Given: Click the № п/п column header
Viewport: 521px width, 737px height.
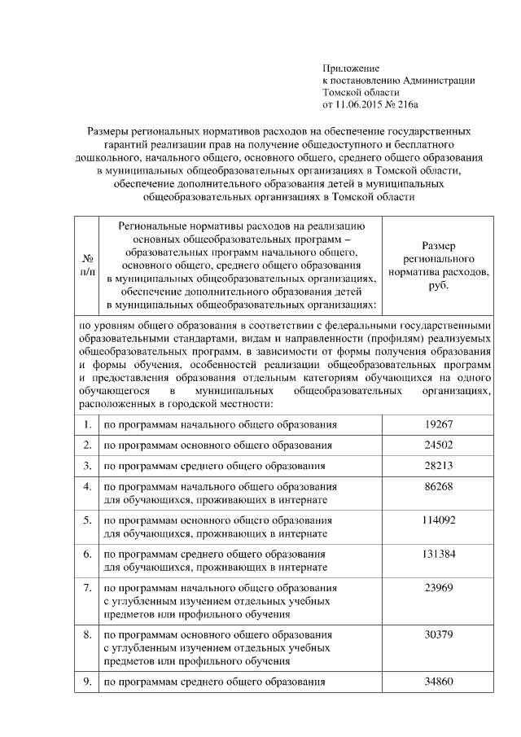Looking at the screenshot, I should (x=86, y=265).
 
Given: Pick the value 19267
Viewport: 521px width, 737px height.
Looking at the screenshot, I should (x=438, y=424).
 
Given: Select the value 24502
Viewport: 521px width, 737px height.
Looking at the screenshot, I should (x=438, y=445).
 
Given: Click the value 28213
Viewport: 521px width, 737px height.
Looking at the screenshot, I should (x=438, y=466).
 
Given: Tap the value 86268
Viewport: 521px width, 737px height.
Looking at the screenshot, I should (x=438, y=486).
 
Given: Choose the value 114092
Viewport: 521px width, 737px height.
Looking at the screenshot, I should (x=438, y=520).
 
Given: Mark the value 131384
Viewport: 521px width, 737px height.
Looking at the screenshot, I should (x=438, y=554).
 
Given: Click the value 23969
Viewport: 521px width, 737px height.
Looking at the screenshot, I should (x=438, y=588).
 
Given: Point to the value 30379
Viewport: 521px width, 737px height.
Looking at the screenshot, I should (x=438, y=634).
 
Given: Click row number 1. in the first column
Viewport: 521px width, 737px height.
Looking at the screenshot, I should (x=86, y=424).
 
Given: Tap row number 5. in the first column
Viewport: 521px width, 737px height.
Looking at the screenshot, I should (x=86, y=520).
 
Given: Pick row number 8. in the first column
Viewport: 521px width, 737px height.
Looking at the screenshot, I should (x=86, y=634).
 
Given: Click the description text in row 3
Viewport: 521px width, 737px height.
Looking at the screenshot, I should (x=213, y=467).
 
